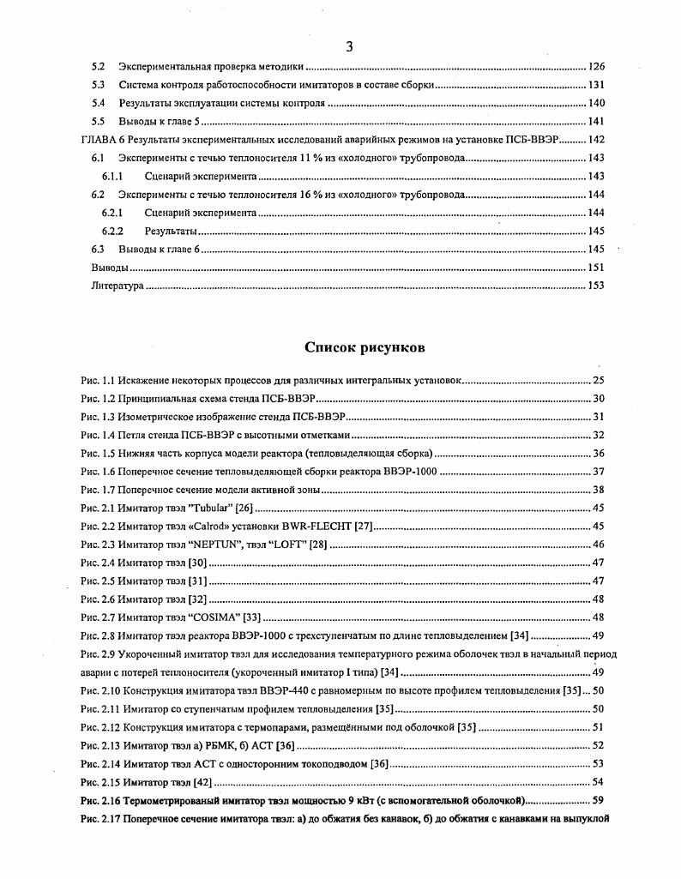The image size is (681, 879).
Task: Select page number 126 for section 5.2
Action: [x=597, y=66]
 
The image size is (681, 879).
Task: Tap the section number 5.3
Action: [x=98, y=85]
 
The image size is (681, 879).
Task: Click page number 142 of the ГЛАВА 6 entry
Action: [x=597, y=140]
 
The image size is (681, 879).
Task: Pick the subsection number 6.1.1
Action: [x=115, y=177]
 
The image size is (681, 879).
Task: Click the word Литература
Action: [x=118, y=286]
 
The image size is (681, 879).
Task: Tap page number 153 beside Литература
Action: [x=597, y=286]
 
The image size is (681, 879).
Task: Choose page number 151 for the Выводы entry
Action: [x=597, y=268]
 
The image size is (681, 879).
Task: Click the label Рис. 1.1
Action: [x=97, y=379]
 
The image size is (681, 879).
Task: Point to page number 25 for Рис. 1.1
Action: [x=600, y=379]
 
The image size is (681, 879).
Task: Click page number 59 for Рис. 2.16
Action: [x=600, y=800]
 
